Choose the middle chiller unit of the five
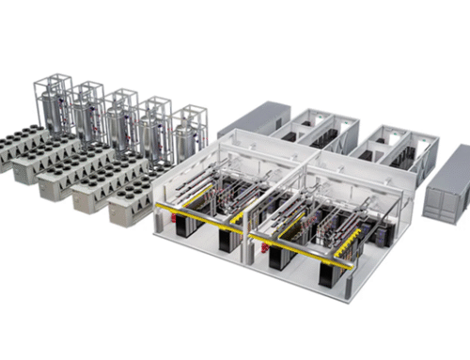(x=75, y=176)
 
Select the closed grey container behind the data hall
(x=253, y=119)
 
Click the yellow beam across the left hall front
(x=197, y=215)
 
